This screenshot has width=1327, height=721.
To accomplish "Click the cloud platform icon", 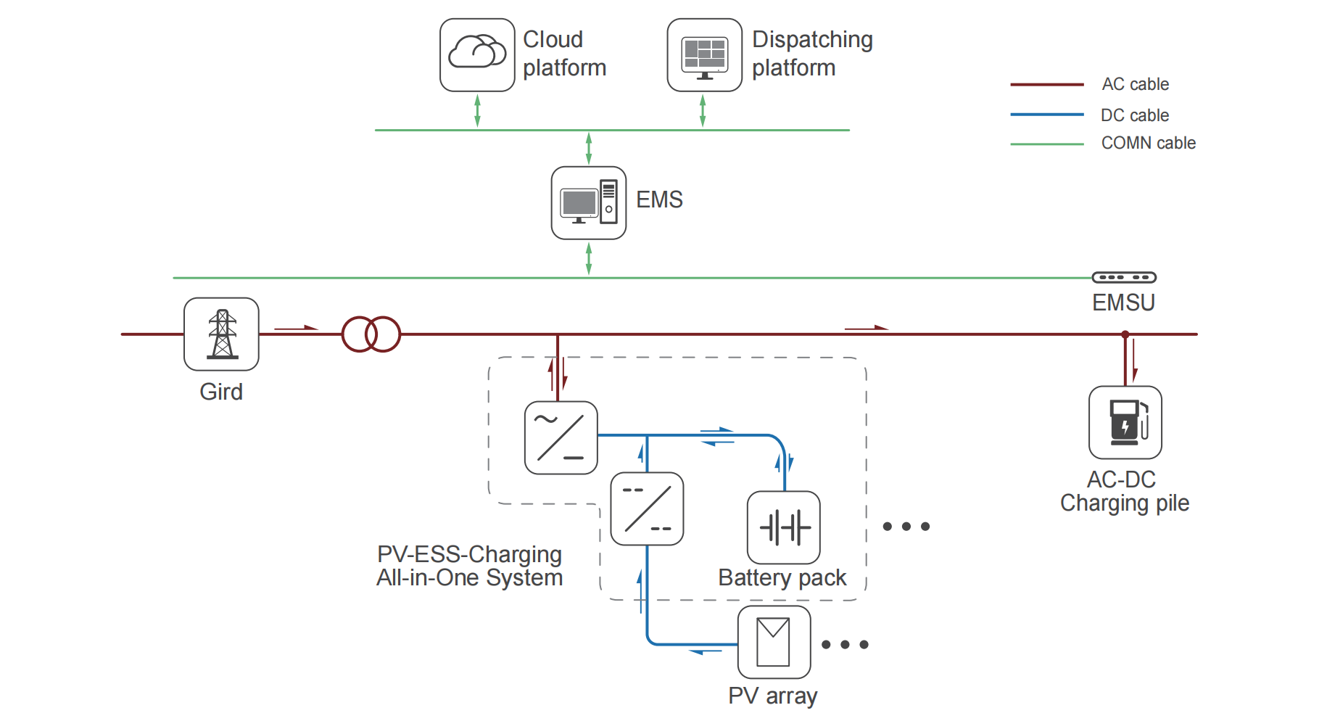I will [477, 55].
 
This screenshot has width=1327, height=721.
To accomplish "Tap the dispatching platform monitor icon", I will [704, 55].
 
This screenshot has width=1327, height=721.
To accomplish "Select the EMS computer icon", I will [588, 203].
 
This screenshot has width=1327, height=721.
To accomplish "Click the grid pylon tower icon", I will [221, 334].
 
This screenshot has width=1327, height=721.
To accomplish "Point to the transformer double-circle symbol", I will [371, 334].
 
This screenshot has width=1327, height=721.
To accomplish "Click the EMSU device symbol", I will [1124, 277].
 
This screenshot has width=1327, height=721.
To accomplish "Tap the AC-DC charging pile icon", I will [1125, 422].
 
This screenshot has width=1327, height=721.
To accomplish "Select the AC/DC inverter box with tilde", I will [561, 437].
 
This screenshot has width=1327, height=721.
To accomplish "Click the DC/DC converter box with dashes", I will [647, 508].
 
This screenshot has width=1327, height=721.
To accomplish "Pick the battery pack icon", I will [784, 527].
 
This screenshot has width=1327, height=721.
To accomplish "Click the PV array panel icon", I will [774, 642].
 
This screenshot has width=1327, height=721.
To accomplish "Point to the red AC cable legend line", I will [1046, 85].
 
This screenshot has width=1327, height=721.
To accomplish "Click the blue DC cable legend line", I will [1046, 115].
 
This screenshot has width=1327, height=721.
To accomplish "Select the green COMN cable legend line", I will [1046, 144].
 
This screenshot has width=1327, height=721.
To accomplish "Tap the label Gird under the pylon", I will [221, 392].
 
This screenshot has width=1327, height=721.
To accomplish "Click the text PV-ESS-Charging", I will [469, 554].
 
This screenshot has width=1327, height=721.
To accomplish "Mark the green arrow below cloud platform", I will [477, 110].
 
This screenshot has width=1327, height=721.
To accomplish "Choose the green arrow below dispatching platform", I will [702, 110].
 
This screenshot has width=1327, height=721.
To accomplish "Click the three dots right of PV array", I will [845, 644].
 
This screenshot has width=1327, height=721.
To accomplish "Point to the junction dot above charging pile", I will [1125, 334].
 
